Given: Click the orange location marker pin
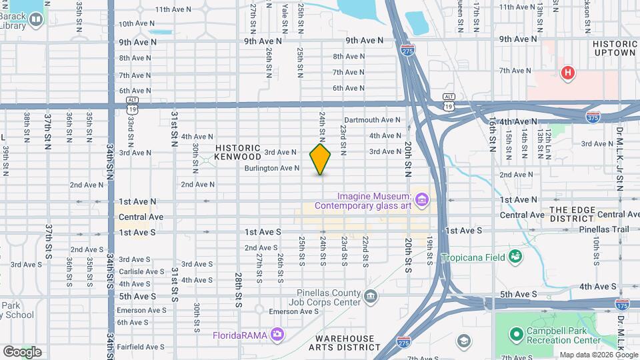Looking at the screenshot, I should pyautogui.click(x=320, y=159).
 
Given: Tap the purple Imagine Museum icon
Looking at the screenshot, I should pyautogui.click(x=421, y=199).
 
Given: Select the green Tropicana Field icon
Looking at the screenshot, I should pyautogui.click(x=515, y=257).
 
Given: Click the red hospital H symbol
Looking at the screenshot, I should pyautogui.click(x=567, y=72).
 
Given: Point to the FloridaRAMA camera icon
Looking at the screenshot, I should pyautogui.click(x=277, y=334).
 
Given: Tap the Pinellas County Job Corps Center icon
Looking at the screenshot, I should pyautogui.click(x=371, y=295).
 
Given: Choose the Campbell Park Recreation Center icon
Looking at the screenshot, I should pyautogui.click(x=515, y=334).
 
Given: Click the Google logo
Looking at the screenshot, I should pyautogui.click(x=21, y=352).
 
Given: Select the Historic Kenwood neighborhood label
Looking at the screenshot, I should pyautogui.click(x=237, y=152).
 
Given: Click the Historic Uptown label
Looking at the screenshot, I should pyautogui.click(x=615, y=47).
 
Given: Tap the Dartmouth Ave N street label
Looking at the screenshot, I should pyautogui.click(x=372, y=120).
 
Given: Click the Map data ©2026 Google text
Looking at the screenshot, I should pyautogui.click(x=598, y=355).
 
